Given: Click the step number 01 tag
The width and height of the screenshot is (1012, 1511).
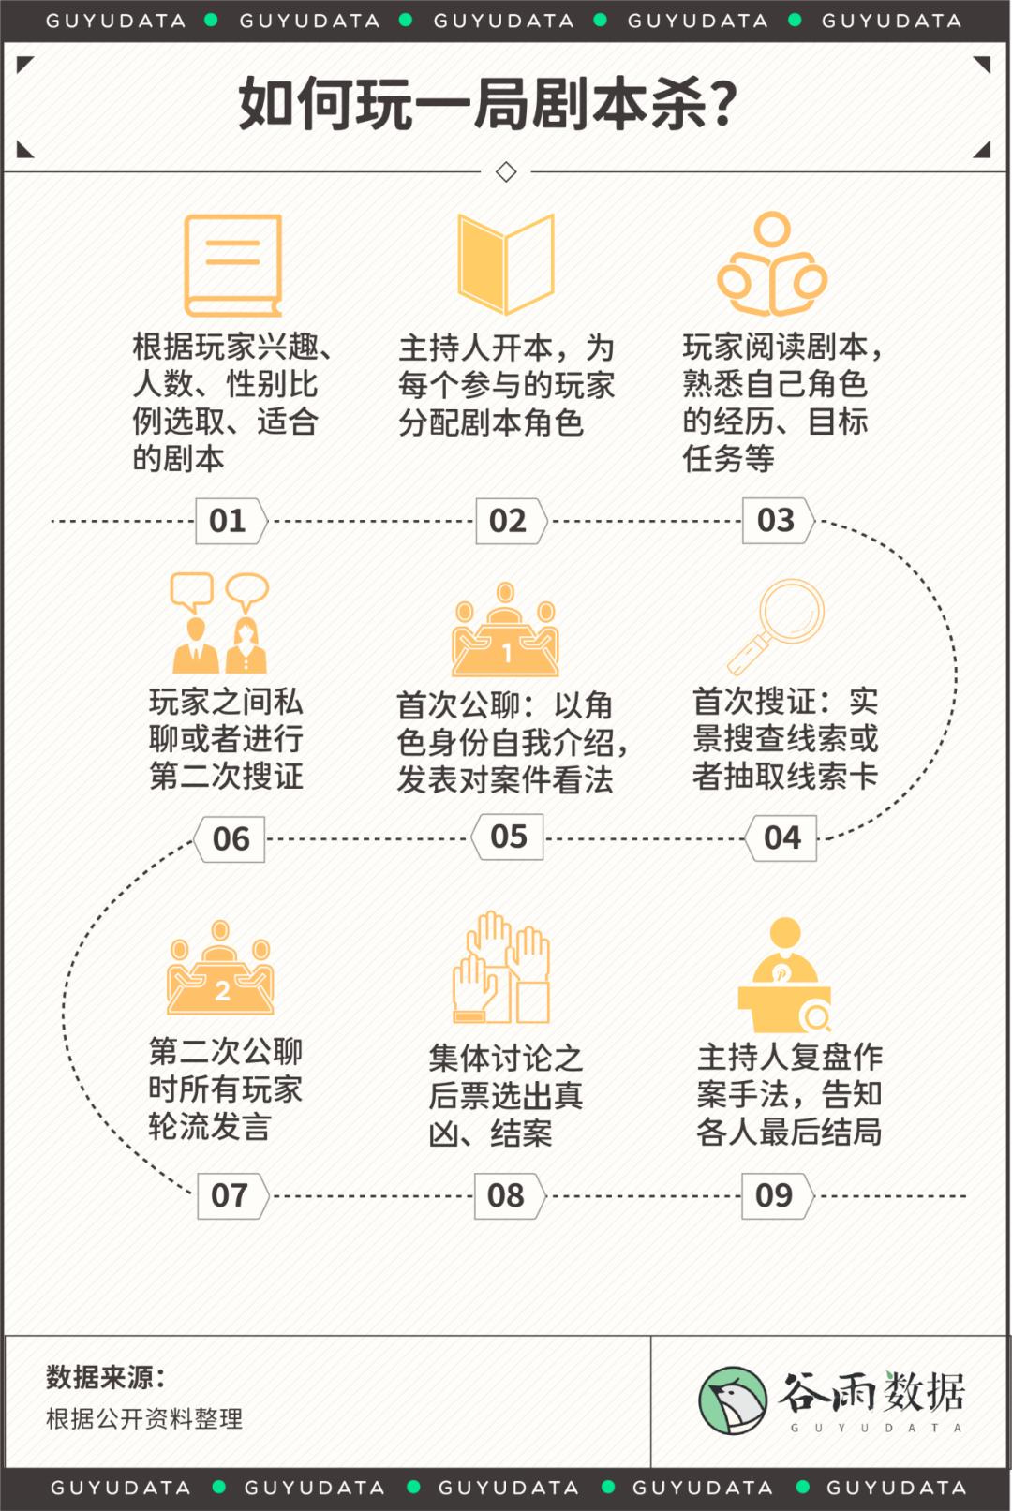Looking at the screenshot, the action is (x=231, y=521).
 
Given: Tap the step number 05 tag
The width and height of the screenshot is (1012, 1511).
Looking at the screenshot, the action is (x=507, y=837).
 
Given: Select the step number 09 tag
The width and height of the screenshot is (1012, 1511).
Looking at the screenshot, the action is (x=778, y=1196).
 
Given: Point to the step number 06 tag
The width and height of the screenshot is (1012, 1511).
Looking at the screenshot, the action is (x=230, y=839).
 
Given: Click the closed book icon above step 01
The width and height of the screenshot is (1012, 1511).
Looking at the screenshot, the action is (x=233, y=265).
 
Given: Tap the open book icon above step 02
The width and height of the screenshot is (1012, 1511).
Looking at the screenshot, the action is (x=506, y=264).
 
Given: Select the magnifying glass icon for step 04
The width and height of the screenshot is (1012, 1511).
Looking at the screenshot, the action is (x=776, y=628).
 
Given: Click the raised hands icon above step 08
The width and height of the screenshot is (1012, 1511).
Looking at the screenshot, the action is (x=501, y=968).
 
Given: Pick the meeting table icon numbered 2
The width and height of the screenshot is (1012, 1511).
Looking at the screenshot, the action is (x=220, y=968).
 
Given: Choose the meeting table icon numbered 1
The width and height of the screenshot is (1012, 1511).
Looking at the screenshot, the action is (x=505, y=630).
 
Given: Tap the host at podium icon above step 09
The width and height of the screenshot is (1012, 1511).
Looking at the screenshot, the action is (x=784, y=975).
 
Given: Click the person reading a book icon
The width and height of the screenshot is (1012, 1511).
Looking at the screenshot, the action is (x=772, y=264).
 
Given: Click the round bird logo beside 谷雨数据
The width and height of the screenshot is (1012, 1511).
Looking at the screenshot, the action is (x=733, y=1401).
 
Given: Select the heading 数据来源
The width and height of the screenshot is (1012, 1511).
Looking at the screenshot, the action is (x=106, y=1377).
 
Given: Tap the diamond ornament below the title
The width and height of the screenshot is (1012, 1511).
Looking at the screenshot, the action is (x=506, y=172).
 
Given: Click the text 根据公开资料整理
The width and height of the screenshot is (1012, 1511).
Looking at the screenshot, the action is (x=143, y=1418).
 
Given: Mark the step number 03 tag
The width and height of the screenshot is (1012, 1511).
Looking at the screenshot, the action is (x=779, y=520).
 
